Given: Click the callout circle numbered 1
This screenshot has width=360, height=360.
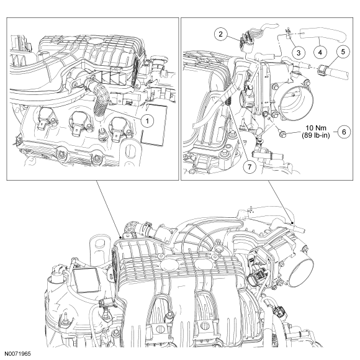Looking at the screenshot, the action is (147, 120).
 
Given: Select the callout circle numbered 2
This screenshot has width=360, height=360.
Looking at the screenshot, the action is (221, 34).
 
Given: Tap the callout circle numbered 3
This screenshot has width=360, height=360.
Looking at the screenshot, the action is (299, 53).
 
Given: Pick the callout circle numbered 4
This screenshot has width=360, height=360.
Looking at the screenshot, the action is (320, 53).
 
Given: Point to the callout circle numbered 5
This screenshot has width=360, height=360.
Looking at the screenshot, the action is (343, 52).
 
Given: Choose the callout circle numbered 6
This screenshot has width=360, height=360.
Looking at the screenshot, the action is (344, 132).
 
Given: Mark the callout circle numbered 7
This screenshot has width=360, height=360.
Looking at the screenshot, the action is (250, 167).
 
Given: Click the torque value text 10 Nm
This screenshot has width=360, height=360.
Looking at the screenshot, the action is (316, 128).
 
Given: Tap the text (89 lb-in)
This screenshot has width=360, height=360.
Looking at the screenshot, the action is (316, 135).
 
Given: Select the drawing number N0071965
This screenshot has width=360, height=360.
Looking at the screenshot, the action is (17, 354).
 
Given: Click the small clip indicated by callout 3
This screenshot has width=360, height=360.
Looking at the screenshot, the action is (288, 33).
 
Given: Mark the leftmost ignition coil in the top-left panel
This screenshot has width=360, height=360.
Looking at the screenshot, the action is (46, 119).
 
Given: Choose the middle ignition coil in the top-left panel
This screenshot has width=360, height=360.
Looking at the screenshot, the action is (80, 123).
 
